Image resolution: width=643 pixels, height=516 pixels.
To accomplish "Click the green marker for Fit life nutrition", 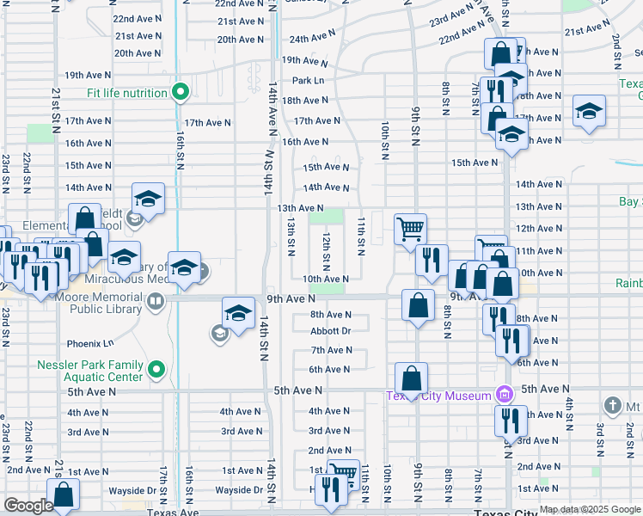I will coord(181,93).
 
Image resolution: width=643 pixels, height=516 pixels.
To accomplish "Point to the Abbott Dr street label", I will coord(331,331).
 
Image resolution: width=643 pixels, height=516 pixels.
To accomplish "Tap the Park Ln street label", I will coord(307,81).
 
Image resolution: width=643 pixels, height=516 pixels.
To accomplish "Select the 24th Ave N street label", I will coord(311,39).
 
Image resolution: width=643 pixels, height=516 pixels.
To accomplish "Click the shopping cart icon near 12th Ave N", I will coord(411,228).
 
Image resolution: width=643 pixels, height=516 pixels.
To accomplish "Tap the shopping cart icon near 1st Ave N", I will coord(344,471).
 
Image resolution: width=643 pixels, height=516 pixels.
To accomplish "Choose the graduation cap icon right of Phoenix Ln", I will coord(238,311).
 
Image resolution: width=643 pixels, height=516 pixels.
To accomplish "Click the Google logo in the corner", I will coord(28,506).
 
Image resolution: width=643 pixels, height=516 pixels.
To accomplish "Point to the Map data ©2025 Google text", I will coord(589,509).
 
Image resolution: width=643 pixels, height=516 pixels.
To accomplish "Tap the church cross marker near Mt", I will coord(612,404).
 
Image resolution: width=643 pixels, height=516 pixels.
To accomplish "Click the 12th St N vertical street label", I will coord(327,247).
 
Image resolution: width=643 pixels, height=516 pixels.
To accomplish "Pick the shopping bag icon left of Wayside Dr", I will coord(64,494).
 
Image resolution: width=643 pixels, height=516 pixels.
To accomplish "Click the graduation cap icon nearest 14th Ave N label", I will coord(148,199).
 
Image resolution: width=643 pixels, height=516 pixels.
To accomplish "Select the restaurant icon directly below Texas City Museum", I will coord(511,421).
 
